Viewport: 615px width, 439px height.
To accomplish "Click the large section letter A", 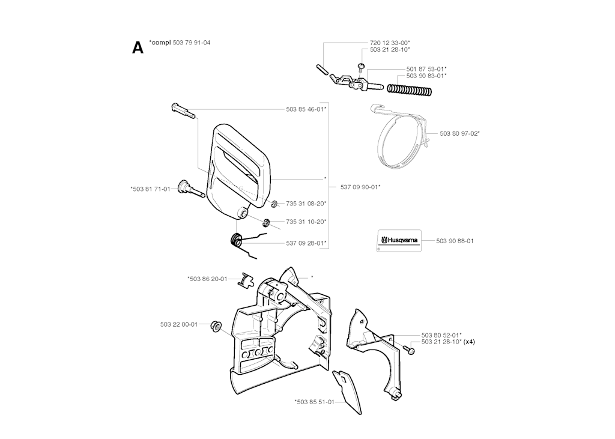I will [x=138, y=47].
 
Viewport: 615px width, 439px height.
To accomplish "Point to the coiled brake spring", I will [x=410, y=90].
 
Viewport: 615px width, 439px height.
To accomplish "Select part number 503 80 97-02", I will [x=459, y=133].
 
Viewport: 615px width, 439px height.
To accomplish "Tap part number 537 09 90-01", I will [x=360, y=187].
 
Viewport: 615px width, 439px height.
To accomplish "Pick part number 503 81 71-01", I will [x=150, y=189].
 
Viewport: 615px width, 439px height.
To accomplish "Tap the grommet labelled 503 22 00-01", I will [x=214, y=325].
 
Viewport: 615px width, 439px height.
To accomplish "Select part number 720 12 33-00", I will [x=390, y=43].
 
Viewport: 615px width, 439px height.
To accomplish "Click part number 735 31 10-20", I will [x=306, y=221].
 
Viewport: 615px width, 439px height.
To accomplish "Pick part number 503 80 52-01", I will [x=441, y=335].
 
